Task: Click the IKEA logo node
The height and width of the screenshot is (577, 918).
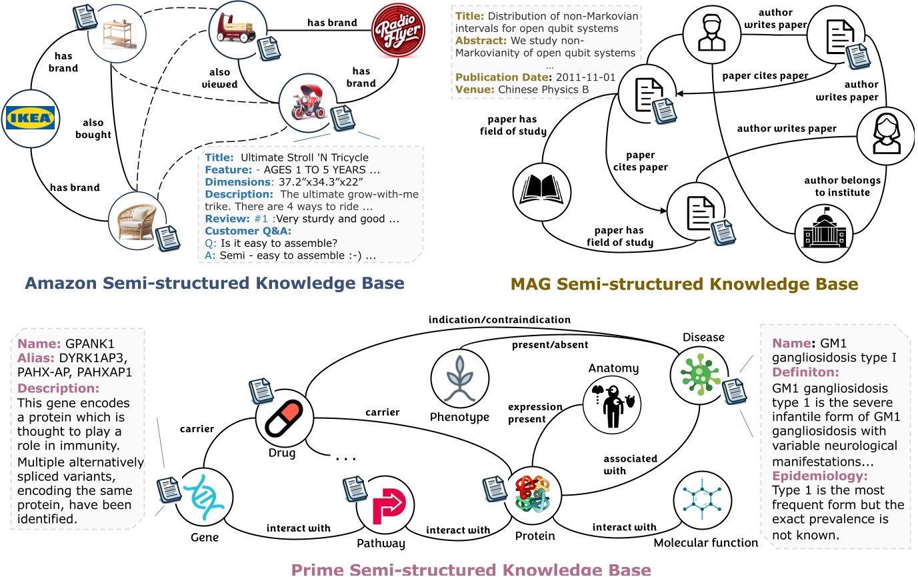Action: [x=29, y=119]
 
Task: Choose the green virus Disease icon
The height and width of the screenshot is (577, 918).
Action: [x=695, y=371]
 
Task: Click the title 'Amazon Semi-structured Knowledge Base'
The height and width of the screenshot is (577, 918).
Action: [x=214, y=283]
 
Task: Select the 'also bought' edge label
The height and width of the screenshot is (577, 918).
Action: [x=97, y=129]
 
